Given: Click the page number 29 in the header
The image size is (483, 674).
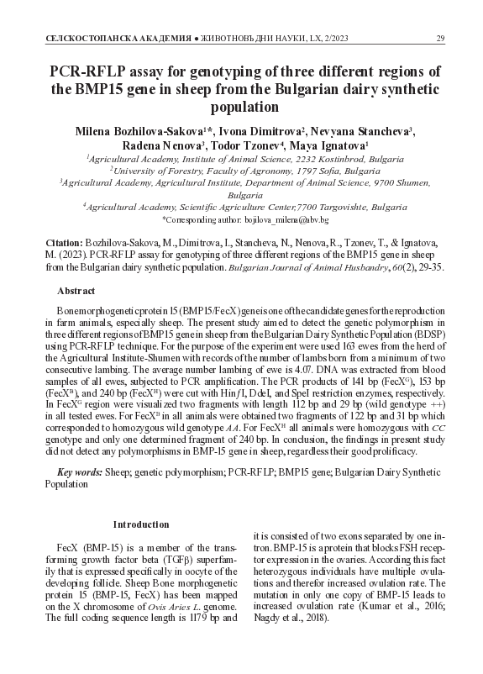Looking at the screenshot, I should click(440, 39).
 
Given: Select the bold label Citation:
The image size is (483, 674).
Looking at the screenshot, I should click(64, 240).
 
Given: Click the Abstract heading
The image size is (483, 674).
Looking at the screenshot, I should click(75, 290).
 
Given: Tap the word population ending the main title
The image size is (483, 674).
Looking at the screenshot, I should click(241, 107).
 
